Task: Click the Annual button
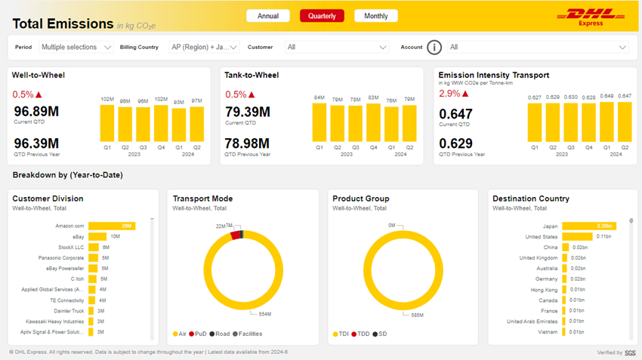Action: click(268, 16)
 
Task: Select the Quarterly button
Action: click(322, 16)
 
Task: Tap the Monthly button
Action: click(376, 16)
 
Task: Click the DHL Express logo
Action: click(590, 17)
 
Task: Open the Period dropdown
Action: click(76, 47)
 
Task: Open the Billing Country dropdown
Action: click(203, 47)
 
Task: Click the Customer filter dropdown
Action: click(336, 47)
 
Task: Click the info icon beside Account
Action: click(434, 48)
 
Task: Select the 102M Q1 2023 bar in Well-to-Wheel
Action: click(107, 123)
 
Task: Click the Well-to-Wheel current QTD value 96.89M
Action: click(36, 112)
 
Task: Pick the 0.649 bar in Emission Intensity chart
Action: click(607, 122)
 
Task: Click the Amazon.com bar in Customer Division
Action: click(111, 226)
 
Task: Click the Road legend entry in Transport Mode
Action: click(222, 334)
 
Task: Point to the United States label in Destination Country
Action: click(542, 236)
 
